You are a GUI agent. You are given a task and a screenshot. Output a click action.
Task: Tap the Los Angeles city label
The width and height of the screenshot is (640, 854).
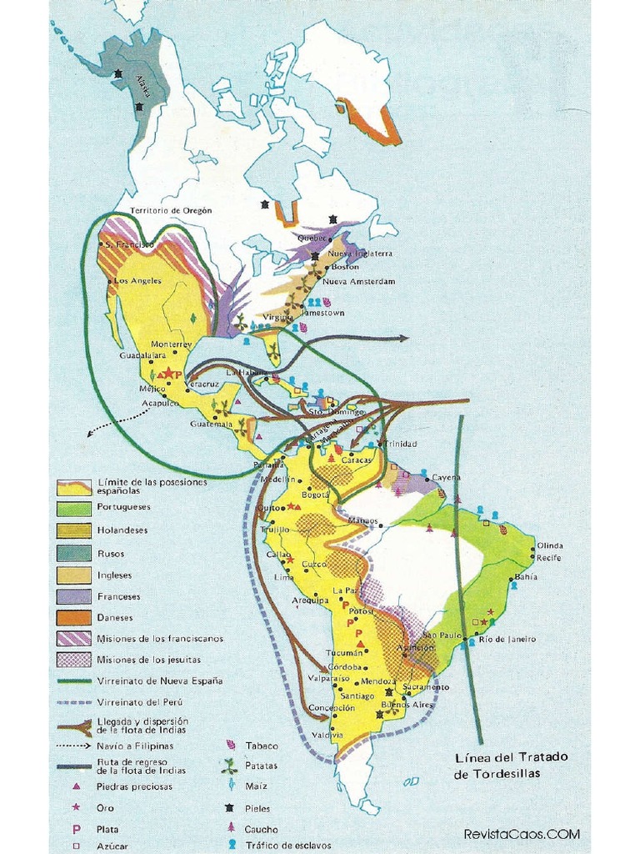tap(137, 281)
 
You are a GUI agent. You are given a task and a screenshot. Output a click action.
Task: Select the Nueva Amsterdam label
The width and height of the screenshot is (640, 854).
tap(358, 282)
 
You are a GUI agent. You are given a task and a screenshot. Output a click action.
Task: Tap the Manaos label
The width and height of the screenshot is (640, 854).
tap(363, 520)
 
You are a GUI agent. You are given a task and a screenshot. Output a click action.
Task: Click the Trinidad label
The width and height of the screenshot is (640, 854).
tap(400, 444)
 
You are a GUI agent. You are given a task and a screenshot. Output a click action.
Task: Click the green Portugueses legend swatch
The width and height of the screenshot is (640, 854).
tap(74, 507)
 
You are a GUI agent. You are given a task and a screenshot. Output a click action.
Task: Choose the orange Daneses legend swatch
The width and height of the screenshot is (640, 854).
tap(74, 618)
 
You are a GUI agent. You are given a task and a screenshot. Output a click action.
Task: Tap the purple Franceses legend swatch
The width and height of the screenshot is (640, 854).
tap(74, 596)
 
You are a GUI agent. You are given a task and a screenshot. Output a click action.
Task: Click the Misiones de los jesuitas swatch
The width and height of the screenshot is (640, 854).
tap(74, 660)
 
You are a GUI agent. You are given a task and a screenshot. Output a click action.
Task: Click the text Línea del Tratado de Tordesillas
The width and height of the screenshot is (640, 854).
tap(511, 766)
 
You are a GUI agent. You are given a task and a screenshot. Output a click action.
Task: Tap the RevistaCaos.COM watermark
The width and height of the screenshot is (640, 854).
tap(521, 834)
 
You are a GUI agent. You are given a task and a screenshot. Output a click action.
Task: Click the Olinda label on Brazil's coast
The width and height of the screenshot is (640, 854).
tap(549, 545)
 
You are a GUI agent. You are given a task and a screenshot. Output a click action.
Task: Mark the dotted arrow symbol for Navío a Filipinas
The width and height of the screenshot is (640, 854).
tap(74, 745)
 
